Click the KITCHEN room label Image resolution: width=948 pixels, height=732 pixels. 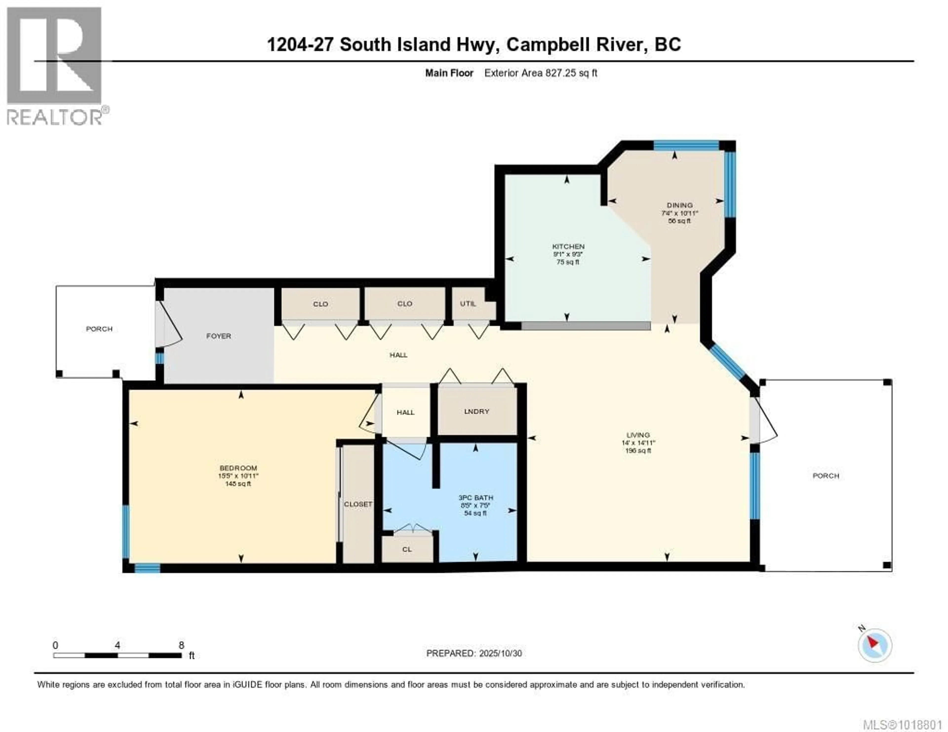point(568,247)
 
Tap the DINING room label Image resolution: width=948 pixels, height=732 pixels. point(680,205)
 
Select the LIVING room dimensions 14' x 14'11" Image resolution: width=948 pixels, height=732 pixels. point(638,443)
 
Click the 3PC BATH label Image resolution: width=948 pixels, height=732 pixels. point(476,498)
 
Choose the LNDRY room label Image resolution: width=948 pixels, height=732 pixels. point(477,411)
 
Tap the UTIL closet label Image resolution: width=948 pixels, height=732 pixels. point(468,304)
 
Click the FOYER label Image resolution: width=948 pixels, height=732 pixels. point(218,336)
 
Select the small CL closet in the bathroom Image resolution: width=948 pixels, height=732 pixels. point(407,549)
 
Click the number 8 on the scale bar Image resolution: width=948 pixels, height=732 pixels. point(181,645)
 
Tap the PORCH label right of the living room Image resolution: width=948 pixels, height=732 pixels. point(826,476)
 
